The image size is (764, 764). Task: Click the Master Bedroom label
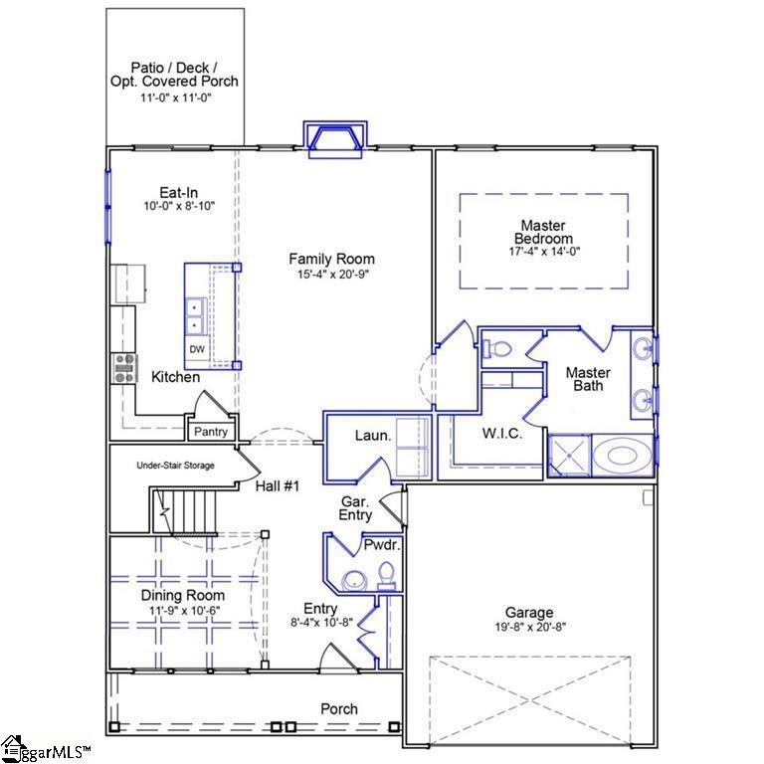click(x=543, y=232)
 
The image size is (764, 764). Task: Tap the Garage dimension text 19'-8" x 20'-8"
click(x=528, y=628)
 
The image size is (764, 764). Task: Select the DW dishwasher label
click(x=197, y=350)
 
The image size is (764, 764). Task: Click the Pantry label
click(x=210, y=432)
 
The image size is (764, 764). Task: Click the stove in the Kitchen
click(x=124, y=368)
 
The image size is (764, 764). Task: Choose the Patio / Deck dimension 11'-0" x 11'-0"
click(x=174, y=97)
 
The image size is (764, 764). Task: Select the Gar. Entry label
click(x=355, y=508)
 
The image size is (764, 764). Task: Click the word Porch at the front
click(x=339, y=709)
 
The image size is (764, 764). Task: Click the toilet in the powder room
click(x=386, y=574)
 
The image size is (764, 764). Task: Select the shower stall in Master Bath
click(x=568, y=457)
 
